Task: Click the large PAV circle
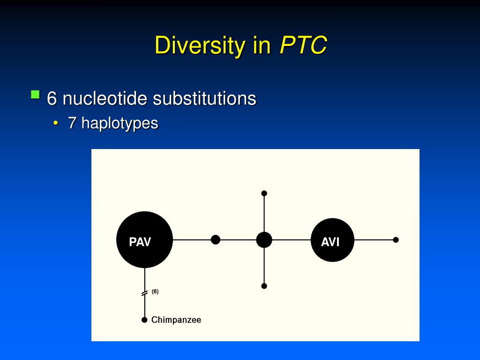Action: [144, 240]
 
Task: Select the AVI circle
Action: [332, 240]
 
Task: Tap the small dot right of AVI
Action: [396, 240]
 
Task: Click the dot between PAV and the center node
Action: [216, 240]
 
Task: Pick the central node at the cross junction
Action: [264, 240]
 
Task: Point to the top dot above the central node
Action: [264, 193]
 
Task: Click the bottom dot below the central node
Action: [264, 286]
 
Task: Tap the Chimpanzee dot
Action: [144, 320]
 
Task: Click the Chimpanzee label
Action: [176, 320]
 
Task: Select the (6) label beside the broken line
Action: [155, 292]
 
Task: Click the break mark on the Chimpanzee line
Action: [144, 293]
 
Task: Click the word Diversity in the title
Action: [200, 46]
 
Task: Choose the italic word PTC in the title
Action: [303, 46]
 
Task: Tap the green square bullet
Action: [35, 95]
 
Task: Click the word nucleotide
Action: [105, 98]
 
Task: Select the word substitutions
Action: [204, 98]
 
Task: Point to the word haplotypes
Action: [120, 123]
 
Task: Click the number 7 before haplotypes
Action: [72, 123]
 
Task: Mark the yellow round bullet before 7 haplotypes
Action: [56, 124]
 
